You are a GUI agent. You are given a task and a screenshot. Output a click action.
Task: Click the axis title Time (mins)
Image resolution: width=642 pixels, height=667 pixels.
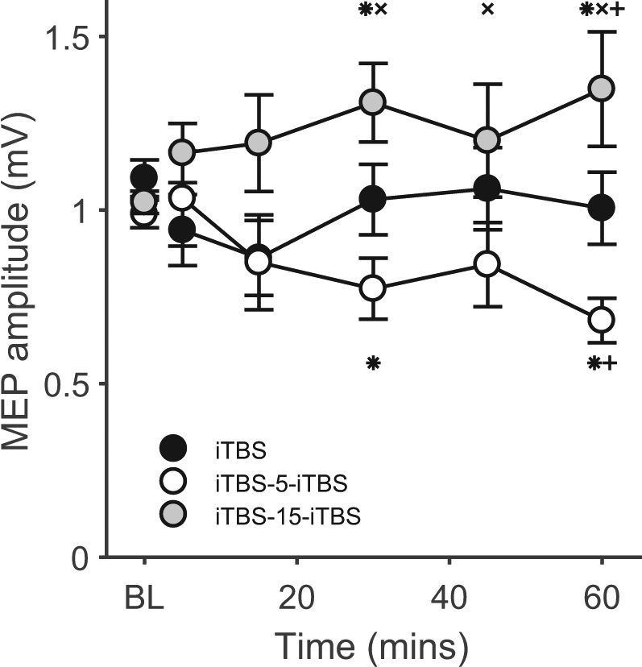pyautogui.click(x=371, y=645)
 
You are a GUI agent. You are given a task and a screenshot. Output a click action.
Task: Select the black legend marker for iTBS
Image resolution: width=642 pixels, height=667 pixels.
pyautogui.click(x=173, y=448)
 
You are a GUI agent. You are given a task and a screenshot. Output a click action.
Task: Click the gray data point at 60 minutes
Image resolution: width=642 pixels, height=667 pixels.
pyautogui.click(x=602, y=89)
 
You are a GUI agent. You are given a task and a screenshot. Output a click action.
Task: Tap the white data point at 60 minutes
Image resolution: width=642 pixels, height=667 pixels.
pyautogui.click(x=602, y=320)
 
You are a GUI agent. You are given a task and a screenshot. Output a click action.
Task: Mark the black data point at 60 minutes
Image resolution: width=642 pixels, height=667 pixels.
pyautogui.click(x=602, y=207)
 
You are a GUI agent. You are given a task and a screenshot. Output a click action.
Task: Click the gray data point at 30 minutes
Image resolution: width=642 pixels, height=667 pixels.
pyautogui.click(x=372, y=102)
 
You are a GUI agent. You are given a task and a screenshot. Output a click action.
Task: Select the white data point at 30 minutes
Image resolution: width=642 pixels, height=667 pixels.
pyautogui.click(x=372, y=288)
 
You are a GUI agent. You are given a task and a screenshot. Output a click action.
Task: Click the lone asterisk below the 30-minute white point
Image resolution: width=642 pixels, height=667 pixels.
pyautogui.click(x=372, y=363)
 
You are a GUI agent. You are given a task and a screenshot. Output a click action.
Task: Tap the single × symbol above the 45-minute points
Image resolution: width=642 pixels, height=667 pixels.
pyautogui.click(x=487, y=10)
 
